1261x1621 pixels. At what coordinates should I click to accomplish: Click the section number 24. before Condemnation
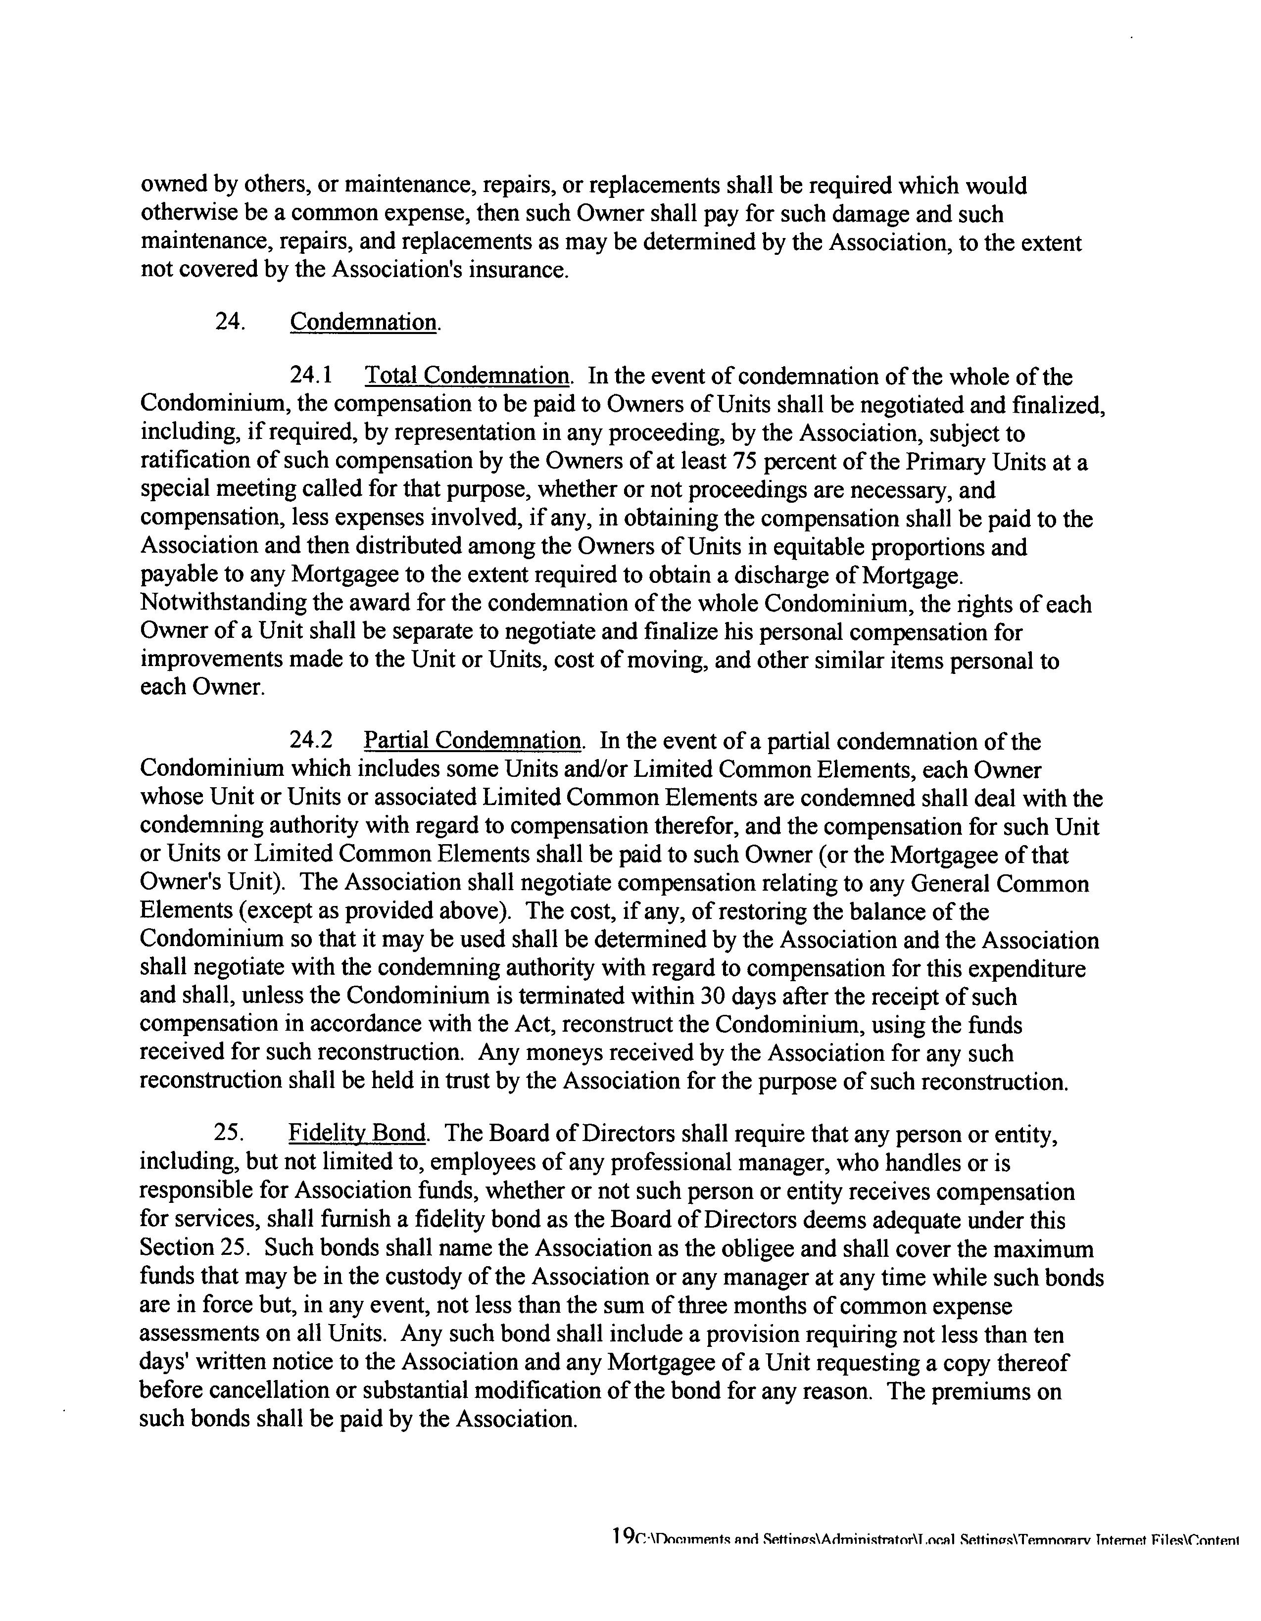coord(230,322)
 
